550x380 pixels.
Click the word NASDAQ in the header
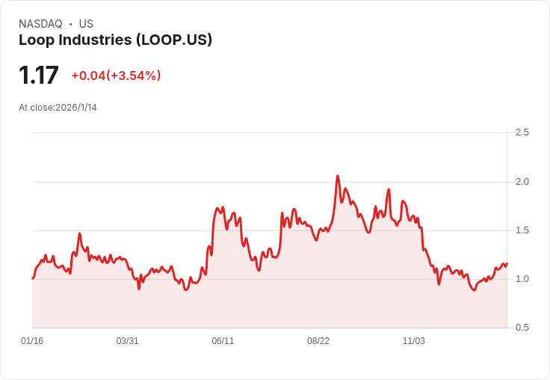tap(40, 24)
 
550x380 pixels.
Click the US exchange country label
tap(86, 24)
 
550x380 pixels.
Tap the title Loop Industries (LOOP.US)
tap(115, 40)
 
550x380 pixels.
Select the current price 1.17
tap(39, 76)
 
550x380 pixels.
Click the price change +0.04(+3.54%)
tap(116, 76)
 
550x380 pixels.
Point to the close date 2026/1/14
tap(76, 108)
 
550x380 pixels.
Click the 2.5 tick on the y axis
tap(522, 132)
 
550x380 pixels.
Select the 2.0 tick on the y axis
tap(522, 182)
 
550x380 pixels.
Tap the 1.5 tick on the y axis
tap(522, 230)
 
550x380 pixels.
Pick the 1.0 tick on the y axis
tap(522, 279)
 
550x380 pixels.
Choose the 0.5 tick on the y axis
tap(522, 328)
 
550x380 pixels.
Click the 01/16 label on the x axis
tap(32, 341)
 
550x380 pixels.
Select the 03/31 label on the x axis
tap(128, 341)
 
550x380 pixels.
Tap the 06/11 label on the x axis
tap(223, 341)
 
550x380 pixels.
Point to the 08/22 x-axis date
tap(318, 341)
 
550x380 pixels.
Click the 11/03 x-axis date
tap(414, 341)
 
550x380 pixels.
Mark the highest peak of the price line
tap(338, 177)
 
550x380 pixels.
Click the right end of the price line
tap(507, 263)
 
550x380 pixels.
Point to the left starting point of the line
tap(33, 278)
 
